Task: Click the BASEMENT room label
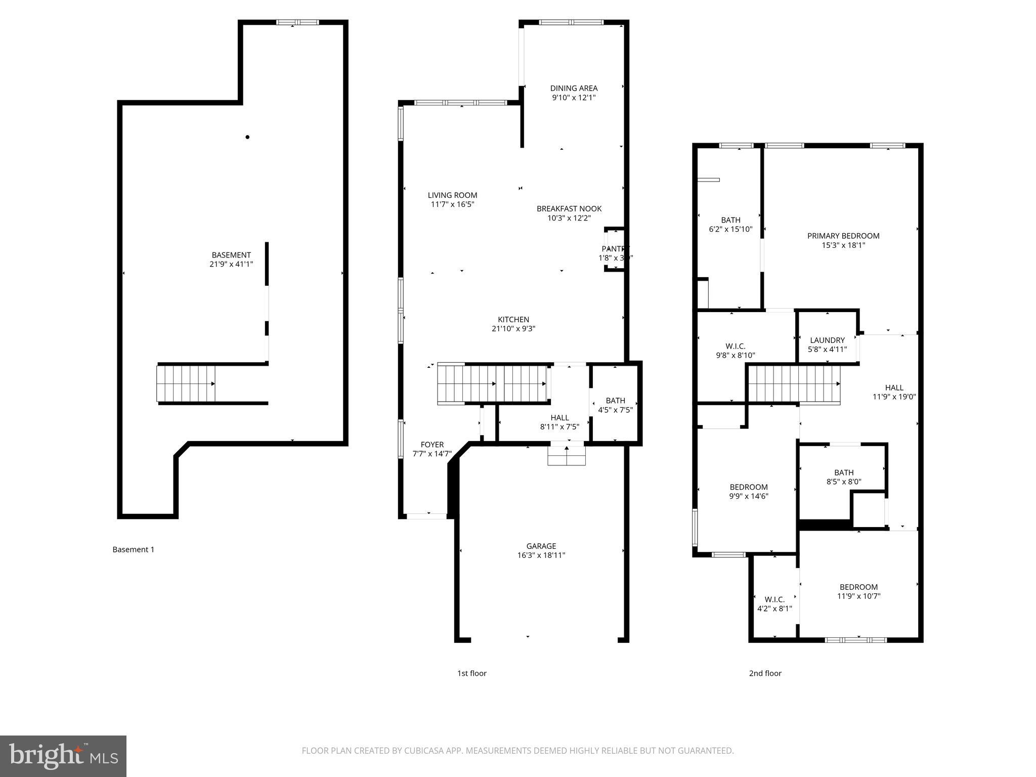231,255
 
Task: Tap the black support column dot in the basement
247,137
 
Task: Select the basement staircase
186,383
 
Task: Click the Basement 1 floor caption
133,549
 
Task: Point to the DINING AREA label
574,88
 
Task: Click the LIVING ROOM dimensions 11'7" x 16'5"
452,204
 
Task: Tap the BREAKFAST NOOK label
569,208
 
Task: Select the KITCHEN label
513,319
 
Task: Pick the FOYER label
432,445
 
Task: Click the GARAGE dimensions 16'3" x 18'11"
541,555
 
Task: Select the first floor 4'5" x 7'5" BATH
615,405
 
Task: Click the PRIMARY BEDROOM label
843,236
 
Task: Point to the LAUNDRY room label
827,340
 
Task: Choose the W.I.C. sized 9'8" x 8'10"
736,351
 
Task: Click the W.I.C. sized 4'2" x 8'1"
774,604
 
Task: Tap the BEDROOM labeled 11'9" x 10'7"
858,591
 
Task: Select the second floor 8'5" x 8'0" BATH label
844,472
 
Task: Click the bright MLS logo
63,756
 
